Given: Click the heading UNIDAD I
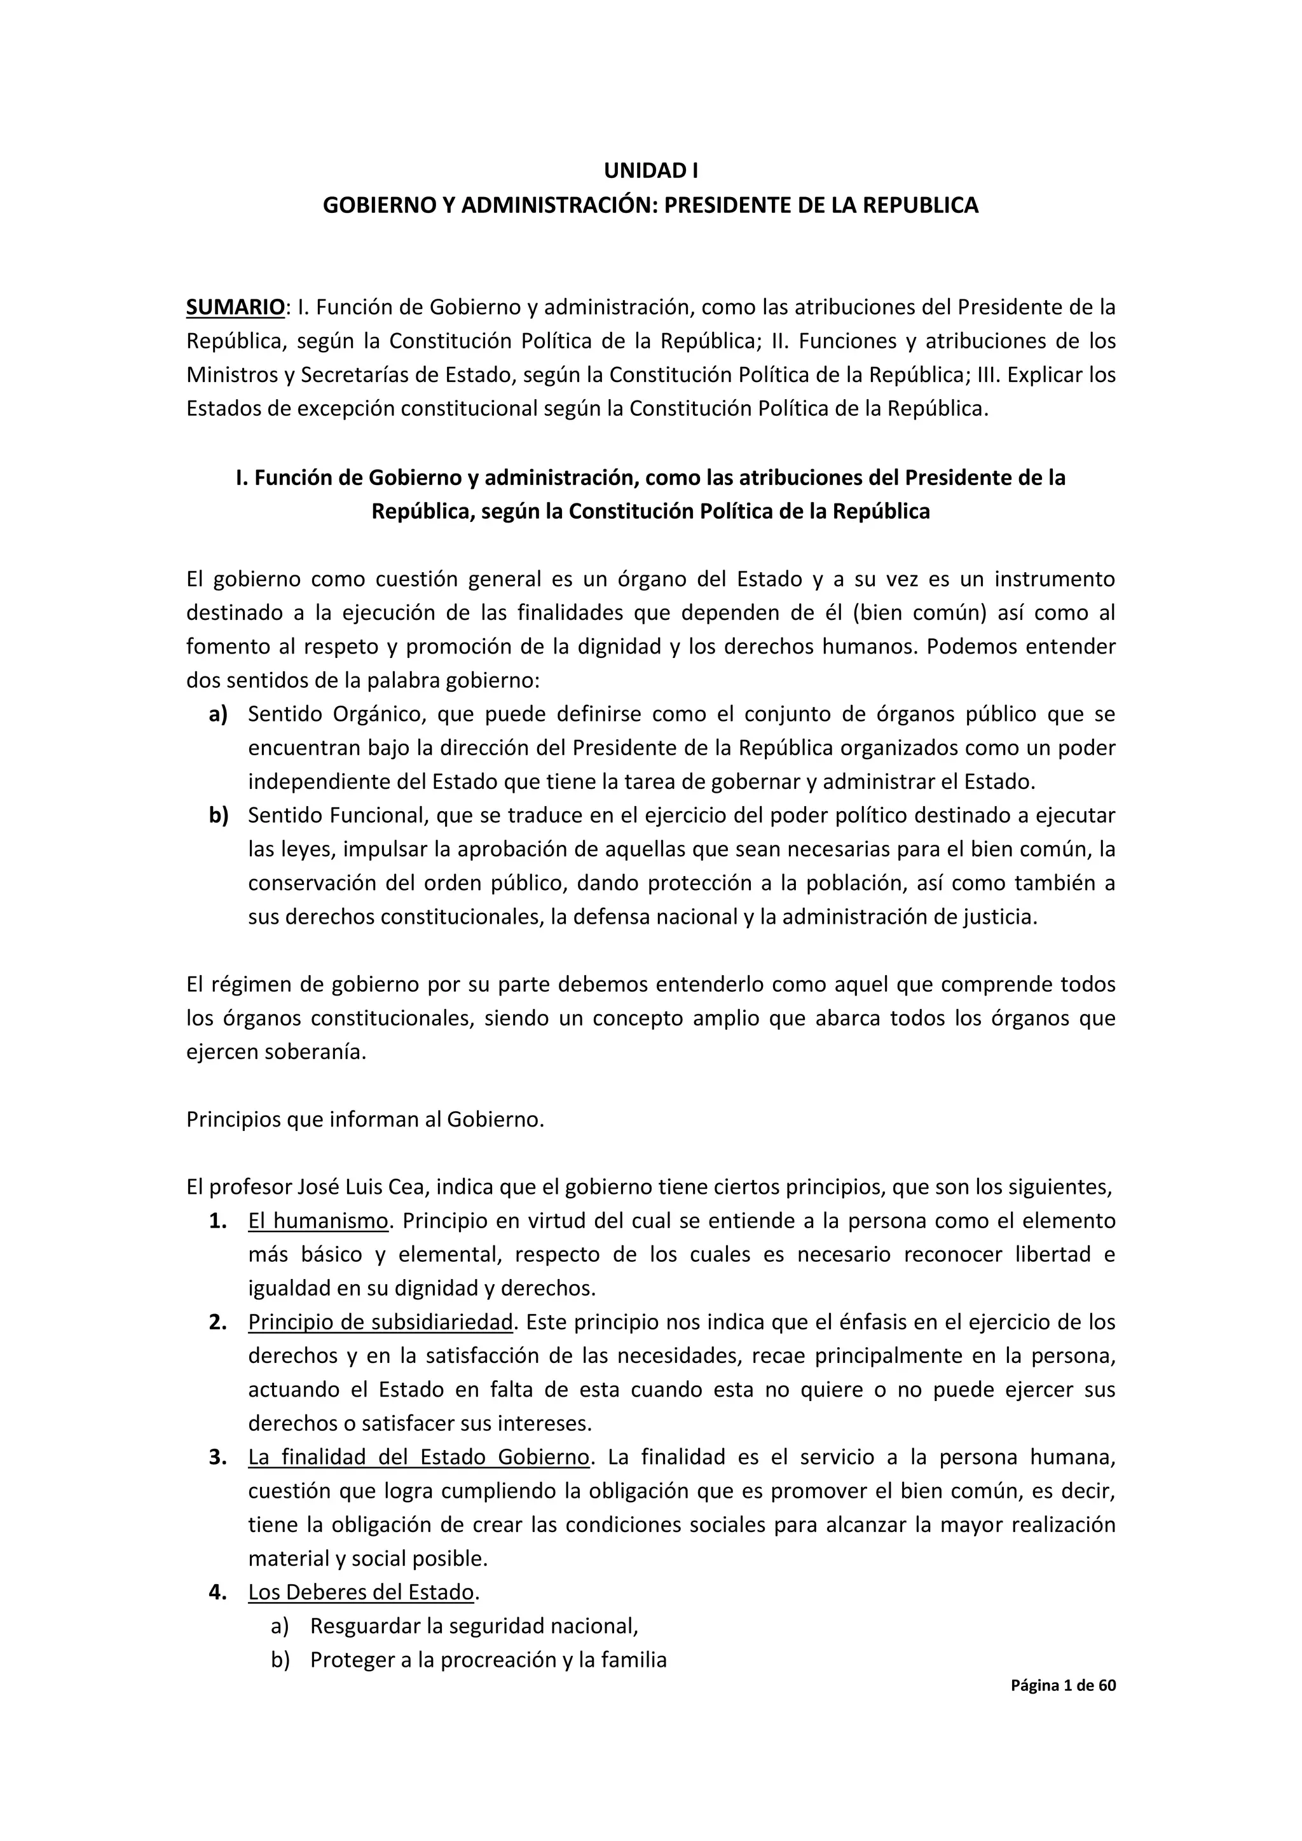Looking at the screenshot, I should (x=650, y=171).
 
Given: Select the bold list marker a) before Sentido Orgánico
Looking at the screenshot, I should (x=218, y=714).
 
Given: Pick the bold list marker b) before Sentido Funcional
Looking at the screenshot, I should (x=218, y=816).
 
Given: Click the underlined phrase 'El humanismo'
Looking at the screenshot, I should (x=319, y=1221).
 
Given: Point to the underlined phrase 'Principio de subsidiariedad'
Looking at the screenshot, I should (x=380, y=1322).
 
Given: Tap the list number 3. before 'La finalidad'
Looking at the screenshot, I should (x=218, y=1457).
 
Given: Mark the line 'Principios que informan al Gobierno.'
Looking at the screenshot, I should (x=366, y=1119).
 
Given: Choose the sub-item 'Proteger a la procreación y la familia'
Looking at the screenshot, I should (x=488, y=1660).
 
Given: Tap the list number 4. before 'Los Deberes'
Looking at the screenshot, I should (x=218, y=1592).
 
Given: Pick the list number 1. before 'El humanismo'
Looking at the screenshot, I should (x=218, y=1221).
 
